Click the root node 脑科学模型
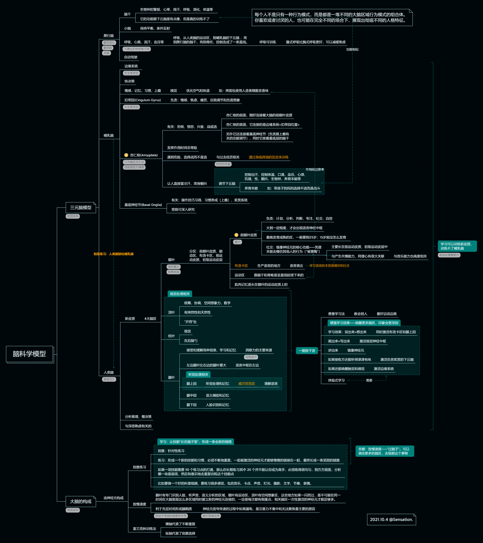tap(29, 354)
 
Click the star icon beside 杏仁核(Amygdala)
tap(126, 155)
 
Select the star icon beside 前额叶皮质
tap(236, 235)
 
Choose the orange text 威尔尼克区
tap(247, 384)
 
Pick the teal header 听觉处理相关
tap(198, 375)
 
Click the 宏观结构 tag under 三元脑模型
tap(73, 216)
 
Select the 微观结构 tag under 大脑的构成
tap(73, 510)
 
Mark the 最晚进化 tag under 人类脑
tap(109, 379)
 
